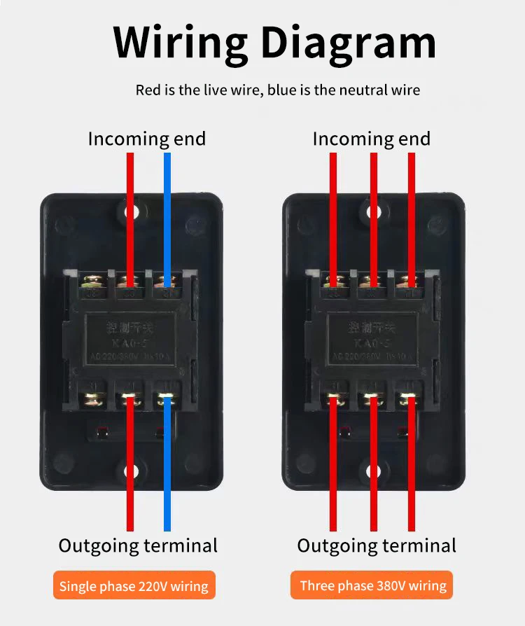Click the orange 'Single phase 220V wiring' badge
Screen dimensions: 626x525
[134, 586]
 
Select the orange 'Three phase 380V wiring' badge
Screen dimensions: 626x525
[372, 585]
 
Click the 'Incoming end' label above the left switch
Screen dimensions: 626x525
[147, 139]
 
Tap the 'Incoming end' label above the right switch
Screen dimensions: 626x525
[372, 139]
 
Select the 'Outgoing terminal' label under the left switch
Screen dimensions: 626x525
[138, 545]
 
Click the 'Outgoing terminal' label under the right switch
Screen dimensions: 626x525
[377, 545]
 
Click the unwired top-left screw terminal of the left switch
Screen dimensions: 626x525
[92, 283]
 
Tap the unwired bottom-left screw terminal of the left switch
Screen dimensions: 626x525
[92, 400]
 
